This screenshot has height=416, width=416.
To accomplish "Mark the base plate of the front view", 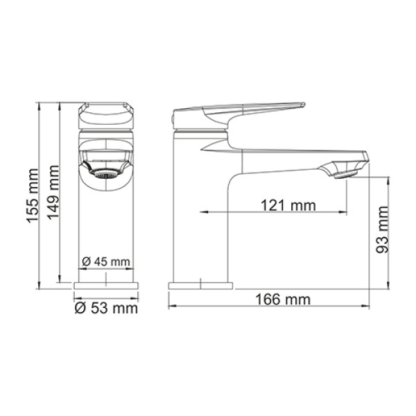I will pyautogui.click(x=106, y=286).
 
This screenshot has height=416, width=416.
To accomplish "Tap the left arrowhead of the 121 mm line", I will pyautogui.click(x=203, y=211).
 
